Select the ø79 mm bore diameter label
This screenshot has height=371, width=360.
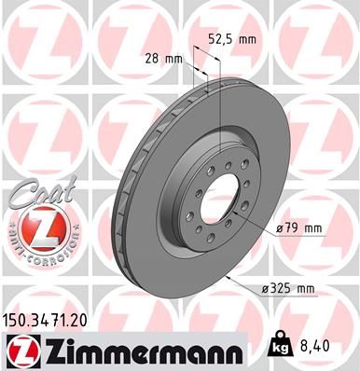click(298, 228)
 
